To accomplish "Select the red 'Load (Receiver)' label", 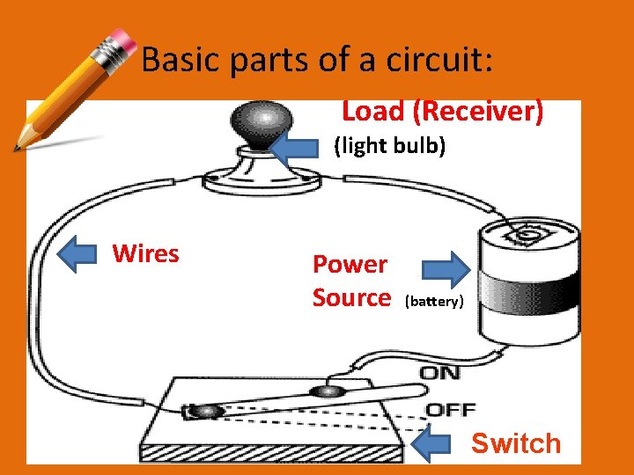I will coord(442,112).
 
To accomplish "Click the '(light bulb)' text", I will coord(389,146).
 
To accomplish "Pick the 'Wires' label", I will coord(145,254).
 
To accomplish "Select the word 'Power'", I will coord(350,264).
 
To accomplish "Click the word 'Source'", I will coord(351,298).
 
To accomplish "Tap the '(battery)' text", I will coord(433,302).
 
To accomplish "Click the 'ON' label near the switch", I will coord(439,373).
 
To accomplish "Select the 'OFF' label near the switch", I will coord(450,409).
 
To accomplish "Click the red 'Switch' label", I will coord(515,443).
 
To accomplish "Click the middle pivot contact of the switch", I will coord(328,391).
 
